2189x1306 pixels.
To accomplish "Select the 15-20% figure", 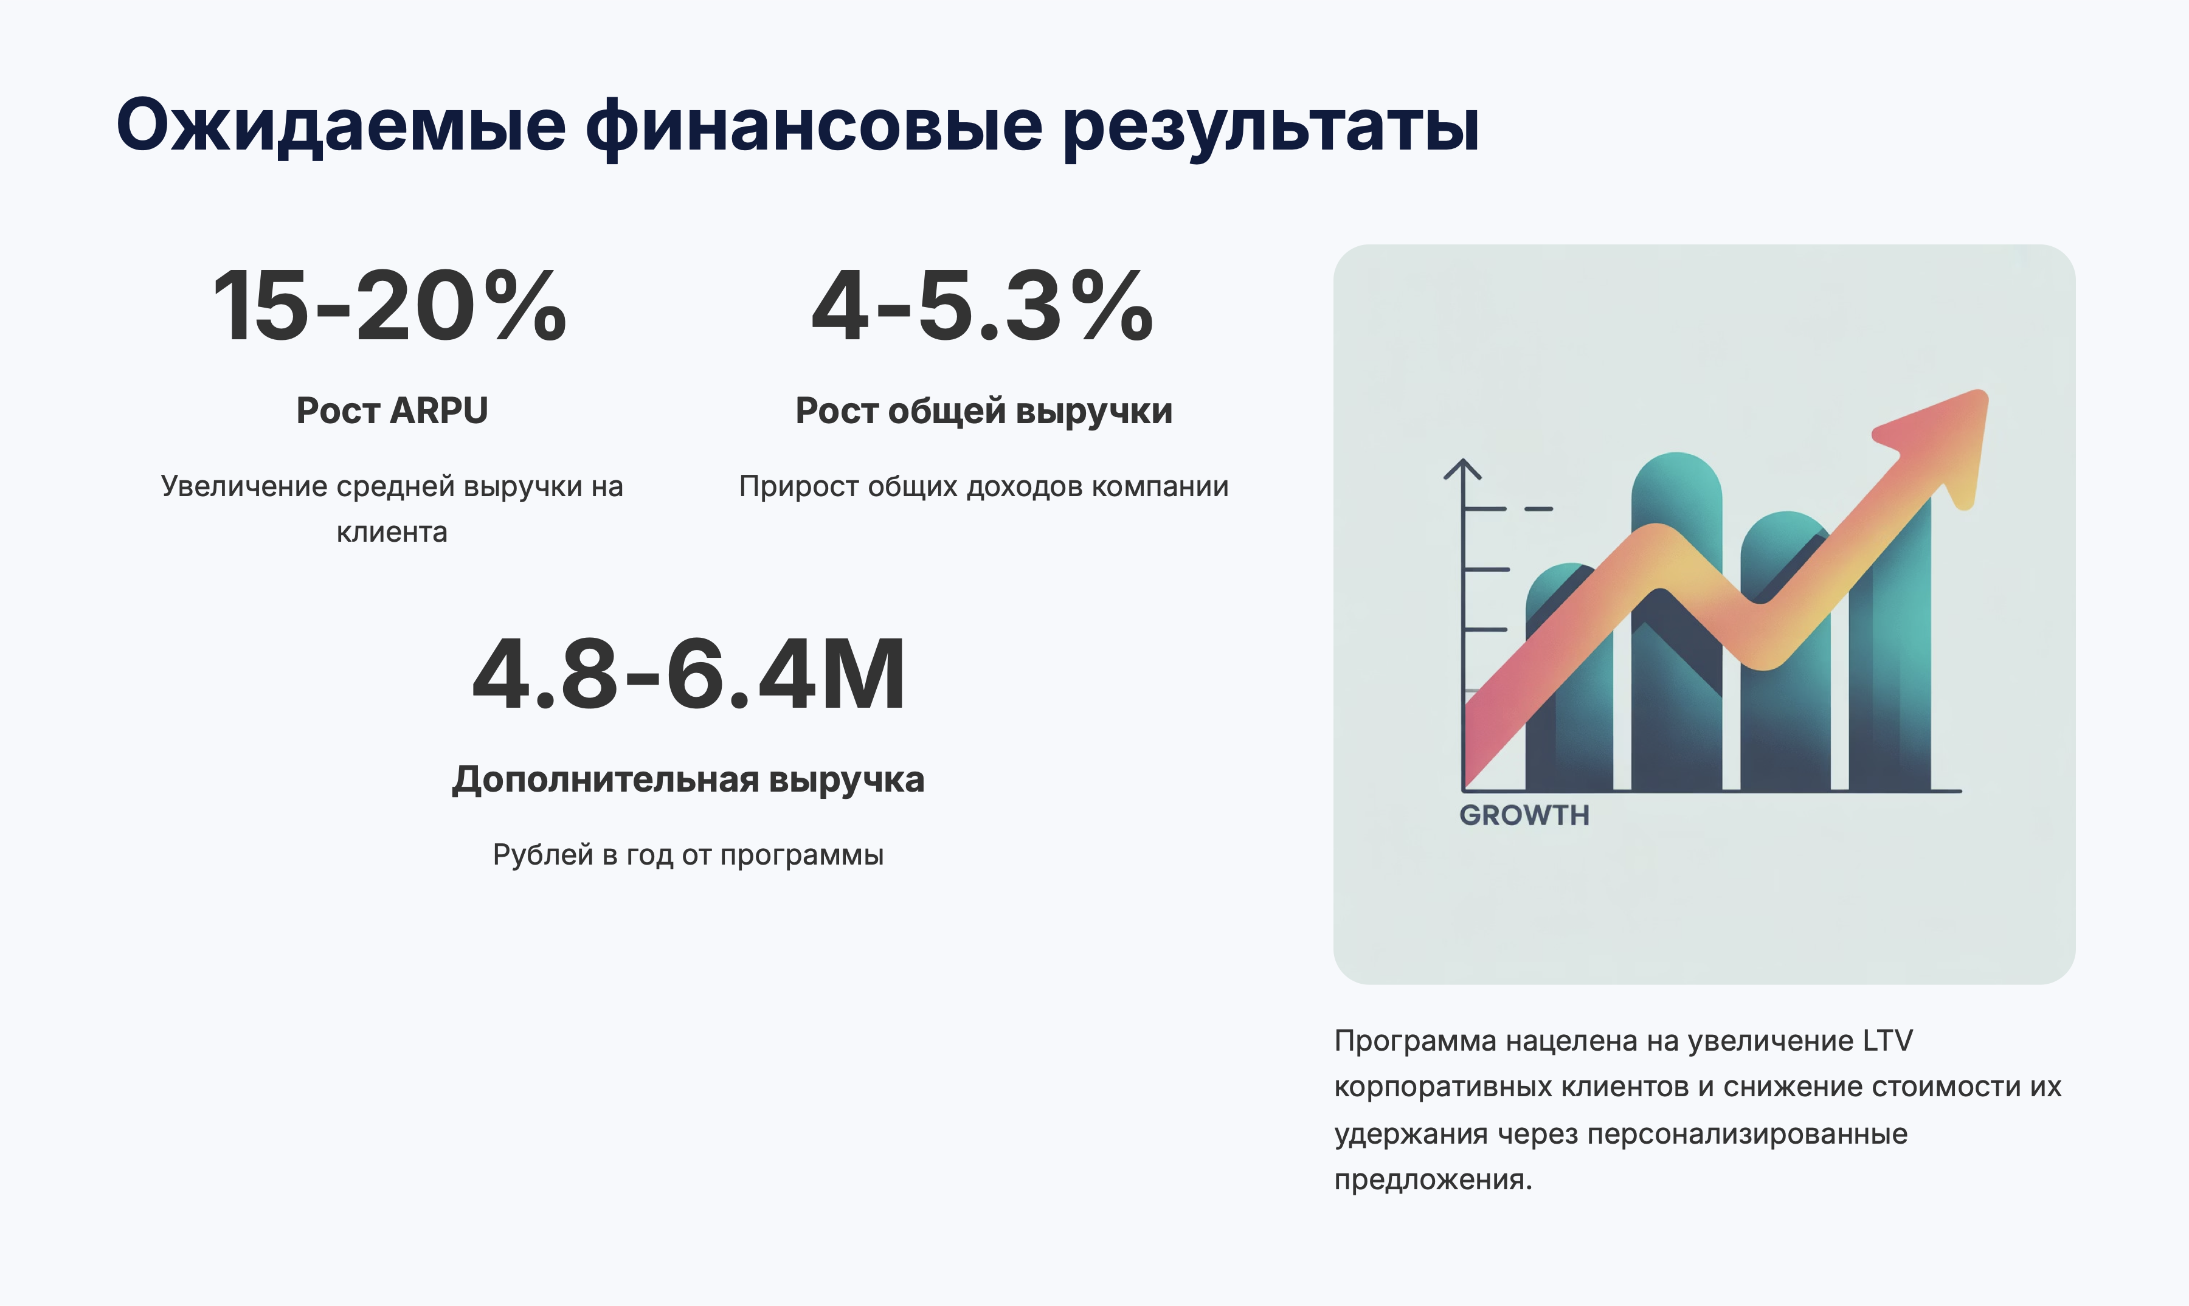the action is pos(390,305).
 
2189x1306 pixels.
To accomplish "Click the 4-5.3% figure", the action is pos(982,305).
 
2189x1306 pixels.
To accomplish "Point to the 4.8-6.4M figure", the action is pos(688,674).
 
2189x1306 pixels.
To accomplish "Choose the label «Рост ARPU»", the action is pos(392,411).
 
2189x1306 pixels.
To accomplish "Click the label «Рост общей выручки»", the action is pos(983,412).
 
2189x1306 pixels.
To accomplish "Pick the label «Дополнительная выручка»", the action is pos(688,779).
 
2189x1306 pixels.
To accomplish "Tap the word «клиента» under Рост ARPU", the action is pos(392,533).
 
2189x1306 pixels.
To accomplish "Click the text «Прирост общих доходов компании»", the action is pos(983,486).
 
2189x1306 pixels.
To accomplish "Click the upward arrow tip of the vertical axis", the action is pos(1463,460).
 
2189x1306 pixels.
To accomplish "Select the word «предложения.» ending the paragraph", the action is pos(1433,1180).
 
